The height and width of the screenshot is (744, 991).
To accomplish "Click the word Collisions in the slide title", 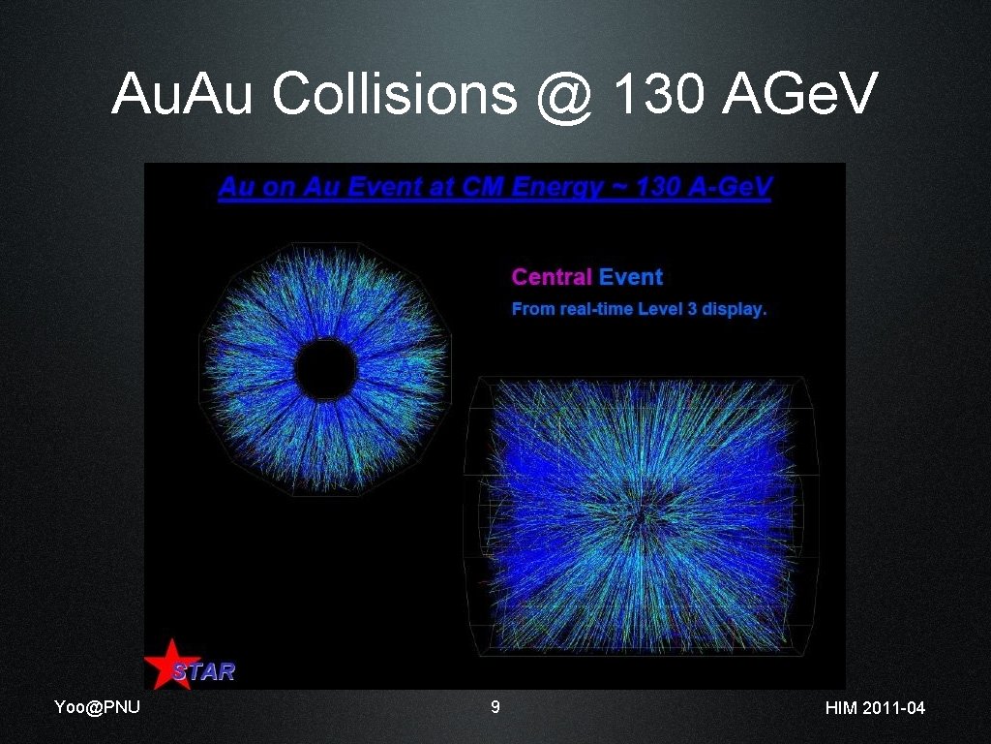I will point(393,95).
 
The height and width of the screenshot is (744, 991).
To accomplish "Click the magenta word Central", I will point(551,277).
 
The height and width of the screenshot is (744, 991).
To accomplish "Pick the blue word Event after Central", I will point(631,277).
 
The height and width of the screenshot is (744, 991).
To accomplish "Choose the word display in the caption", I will point(735,310).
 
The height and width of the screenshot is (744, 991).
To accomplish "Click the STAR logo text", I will point(204,670).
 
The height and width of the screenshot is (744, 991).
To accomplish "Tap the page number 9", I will point(495,707).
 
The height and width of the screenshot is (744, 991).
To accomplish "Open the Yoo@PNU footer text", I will point(97,707).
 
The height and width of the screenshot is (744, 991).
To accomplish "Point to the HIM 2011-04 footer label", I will point(875,708).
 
